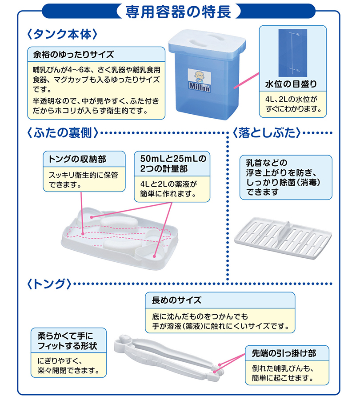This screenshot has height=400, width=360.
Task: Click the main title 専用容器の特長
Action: tap(178, 12)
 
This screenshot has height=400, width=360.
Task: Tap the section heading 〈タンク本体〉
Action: tap(62, 34)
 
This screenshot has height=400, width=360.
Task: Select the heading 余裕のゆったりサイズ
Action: tap(73, 55)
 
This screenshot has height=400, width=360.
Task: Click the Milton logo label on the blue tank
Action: tap(200, 80)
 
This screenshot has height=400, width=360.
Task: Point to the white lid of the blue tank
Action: tap(207, 41)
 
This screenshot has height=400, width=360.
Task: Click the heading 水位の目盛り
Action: tap(291, 84)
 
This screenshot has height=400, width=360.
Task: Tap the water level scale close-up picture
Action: tap(292, 53)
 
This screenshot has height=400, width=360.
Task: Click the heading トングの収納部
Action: tap(77, 159)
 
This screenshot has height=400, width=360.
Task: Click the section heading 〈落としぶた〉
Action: tap(267, 133)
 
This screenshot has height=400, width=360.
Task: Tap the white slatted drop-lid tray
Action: tap(283, 238)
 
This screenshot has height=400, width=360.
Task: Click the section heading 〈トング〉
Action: tap(49, 284)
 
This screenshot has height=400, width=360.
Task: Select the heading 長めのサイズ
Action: tap(176, 300)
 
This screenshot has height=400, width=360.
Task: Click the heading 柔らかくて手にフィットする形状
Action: tap(67, 341)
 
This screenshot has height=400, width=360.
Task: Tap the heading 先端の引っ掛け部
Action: tap(284, 353)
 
